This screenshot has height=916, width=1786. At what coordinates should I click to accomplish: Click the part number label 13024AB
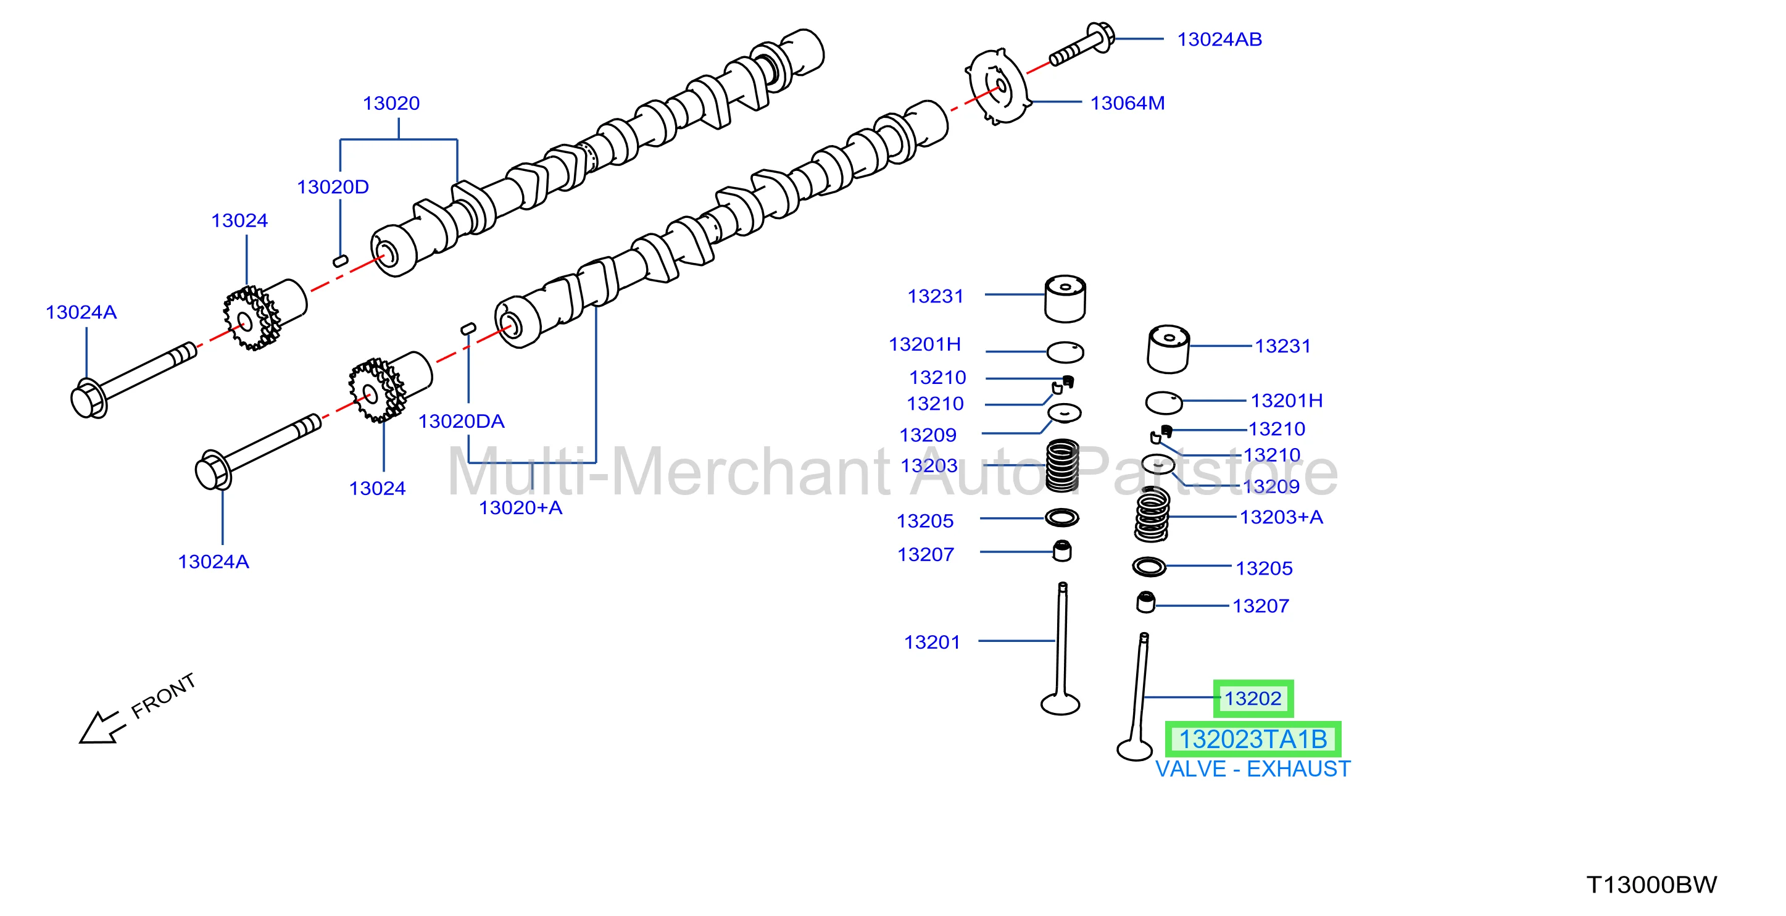coord(1219,40)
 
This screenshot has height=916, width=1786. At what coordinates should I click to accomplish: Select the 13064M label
coord(1128,103)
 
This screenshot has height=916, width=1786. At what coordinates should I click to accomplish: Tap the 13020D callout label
coord(333,187)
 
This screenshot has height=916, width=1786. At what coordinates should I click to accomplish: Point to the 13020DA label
coord(461,422)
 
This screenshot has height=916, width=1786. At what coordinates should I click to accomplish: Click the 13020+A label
coord(520,508)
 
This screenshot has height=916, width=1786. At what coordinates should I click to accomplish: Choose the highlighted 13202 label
coord(1253,698)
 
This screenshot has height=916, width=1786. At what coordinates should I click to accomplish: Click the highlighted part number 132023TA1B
coord(1253,739)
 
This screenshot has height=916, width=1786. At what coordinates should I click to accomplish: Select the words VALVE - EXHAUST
coord(1253,769)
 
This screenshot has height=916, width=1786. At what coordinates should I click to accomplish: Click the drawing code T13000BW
coord(1651,885)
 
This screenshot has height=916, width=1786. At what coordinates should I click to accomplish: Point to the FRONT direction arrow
coord(102,727)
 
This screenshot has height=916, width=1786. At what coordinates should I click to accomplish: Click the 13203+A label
coord(1281,517)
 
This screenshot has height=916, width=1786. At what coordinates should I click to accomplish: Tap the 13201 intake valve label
coord(932,643)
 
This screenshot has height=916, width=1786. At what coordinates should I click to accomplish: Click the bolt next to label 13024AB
coord(1082,44)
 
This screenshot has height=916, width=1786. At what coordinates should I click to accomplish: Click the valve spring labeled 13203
coord(1061,466)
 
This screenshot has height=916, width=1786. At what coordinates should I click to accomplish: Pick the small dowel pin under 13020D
coord(341,260)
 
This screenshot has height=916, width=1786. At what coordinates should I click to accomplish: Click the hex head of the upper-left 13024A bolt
coord(88,399)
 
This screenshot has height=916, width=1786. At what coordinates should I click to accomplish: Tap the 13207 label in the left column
coord(926,555)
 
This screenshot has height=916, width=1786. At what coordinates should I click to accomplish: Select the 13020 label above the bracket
coord(391,103)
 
